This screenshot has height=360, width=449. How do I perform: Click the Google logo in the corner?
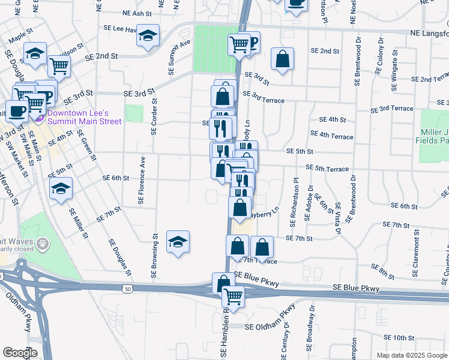[x=20, y=353]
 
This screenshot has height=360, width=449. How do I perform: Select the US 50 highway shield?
[x=127, y=289]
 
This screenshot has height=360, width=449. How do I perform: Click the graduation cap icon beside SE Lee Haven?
[x=147, y=35]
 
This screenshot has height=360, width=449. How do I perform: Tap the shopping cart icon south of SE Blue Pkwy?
[x=233, y=296]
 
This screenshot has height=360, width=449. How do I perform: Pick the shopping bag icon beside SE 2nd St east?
[x=282, y=59]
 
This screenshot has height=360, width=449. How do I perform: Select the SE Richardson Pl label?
[x=295, y=202]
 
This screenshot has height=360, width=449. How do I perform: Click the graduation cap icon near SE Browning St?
[x=177, y=242]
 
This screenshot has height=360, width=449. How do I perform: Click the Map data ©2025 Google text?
[x=411, y=355]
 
